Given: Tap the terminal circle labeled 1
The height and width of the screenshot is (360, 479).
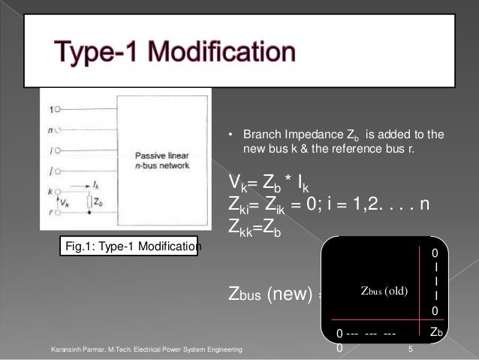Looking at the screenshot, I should (57, 110).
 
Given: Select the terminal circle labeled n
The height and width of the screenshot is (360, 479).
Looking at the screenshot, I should (57, 129).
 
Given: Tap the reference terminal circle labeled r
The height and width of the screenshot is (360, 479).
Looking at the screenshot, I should (57, 213).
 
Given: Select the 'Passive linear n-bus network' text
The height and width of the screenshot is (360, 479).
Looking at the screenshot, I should (162, 159).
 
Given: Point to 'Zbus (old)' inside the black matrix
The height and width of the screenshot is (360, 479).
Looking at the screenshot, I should (384, 291).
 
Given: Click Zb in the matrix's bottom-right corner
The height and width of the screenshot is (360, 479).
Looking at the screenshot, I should (435, 331).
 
